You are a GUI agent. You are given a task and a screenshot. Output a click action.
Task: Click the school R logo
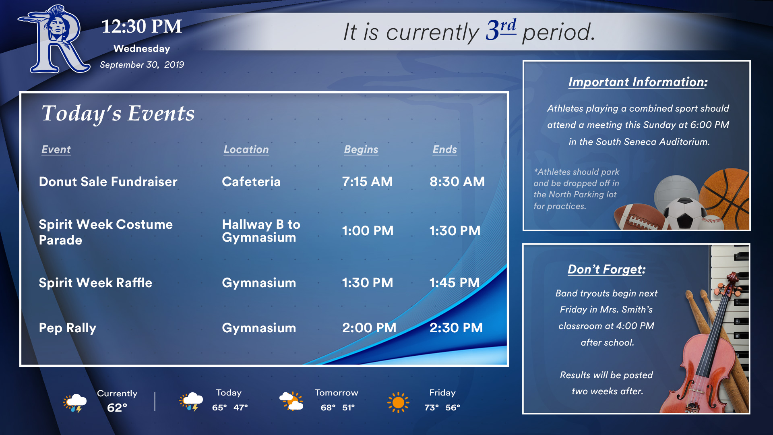tap(54, 39)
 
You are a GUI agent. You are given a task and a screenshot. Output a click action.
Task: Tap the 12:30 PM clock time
tap(142, 27)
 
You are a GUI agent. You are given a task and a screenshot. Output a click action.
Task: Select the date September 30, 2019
tap(142, 64)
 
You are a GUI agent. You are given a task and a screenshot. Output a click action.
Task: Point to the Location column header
tap(246, 149)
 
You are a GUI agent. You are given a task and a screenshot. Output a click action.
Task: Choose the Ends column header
tap(444, 149)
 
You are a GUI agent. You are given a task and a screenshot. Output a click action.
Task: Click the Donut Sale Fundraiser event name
tap(108, 182)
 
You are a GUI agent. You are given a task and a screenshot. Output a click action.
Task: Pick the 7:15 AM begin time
tap(367, 182)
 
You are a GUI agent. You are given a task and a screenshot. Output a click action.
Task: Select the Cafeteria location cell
tap(251, 182)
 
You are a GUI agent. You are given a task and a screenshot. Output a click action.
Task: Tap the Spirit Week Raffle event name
tap(95, 283)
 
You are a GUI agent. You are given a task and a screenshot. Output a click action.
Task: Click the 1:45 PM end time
tap(455, 283)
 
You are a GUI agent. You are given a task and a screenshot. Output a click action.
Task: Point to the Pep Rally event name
tap(68, 328)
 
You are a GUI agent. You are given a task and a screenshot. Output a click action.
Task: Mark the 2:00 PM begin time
tap(369, 328)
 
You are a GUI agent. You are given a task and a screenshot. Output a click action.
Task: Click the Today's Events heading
tap(118, 114)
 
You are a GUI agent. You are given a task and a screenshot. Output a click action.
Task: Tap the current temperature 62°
tap(117, 408)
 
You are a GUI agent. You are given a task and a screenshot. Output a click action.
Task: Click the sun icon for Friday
tap(398, 402)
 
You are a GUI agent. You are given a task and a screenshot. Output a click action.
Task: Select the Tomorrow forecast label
tap(336, 393)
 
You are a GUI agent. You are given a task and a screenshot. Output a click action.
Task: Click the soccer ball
tap(684, 213)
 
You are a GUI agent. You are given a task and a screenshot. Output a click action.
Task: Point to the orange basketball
tap(725, 197)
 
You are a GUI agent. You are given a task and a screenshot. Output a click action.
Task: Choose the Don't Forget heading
tap(606, 269)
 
